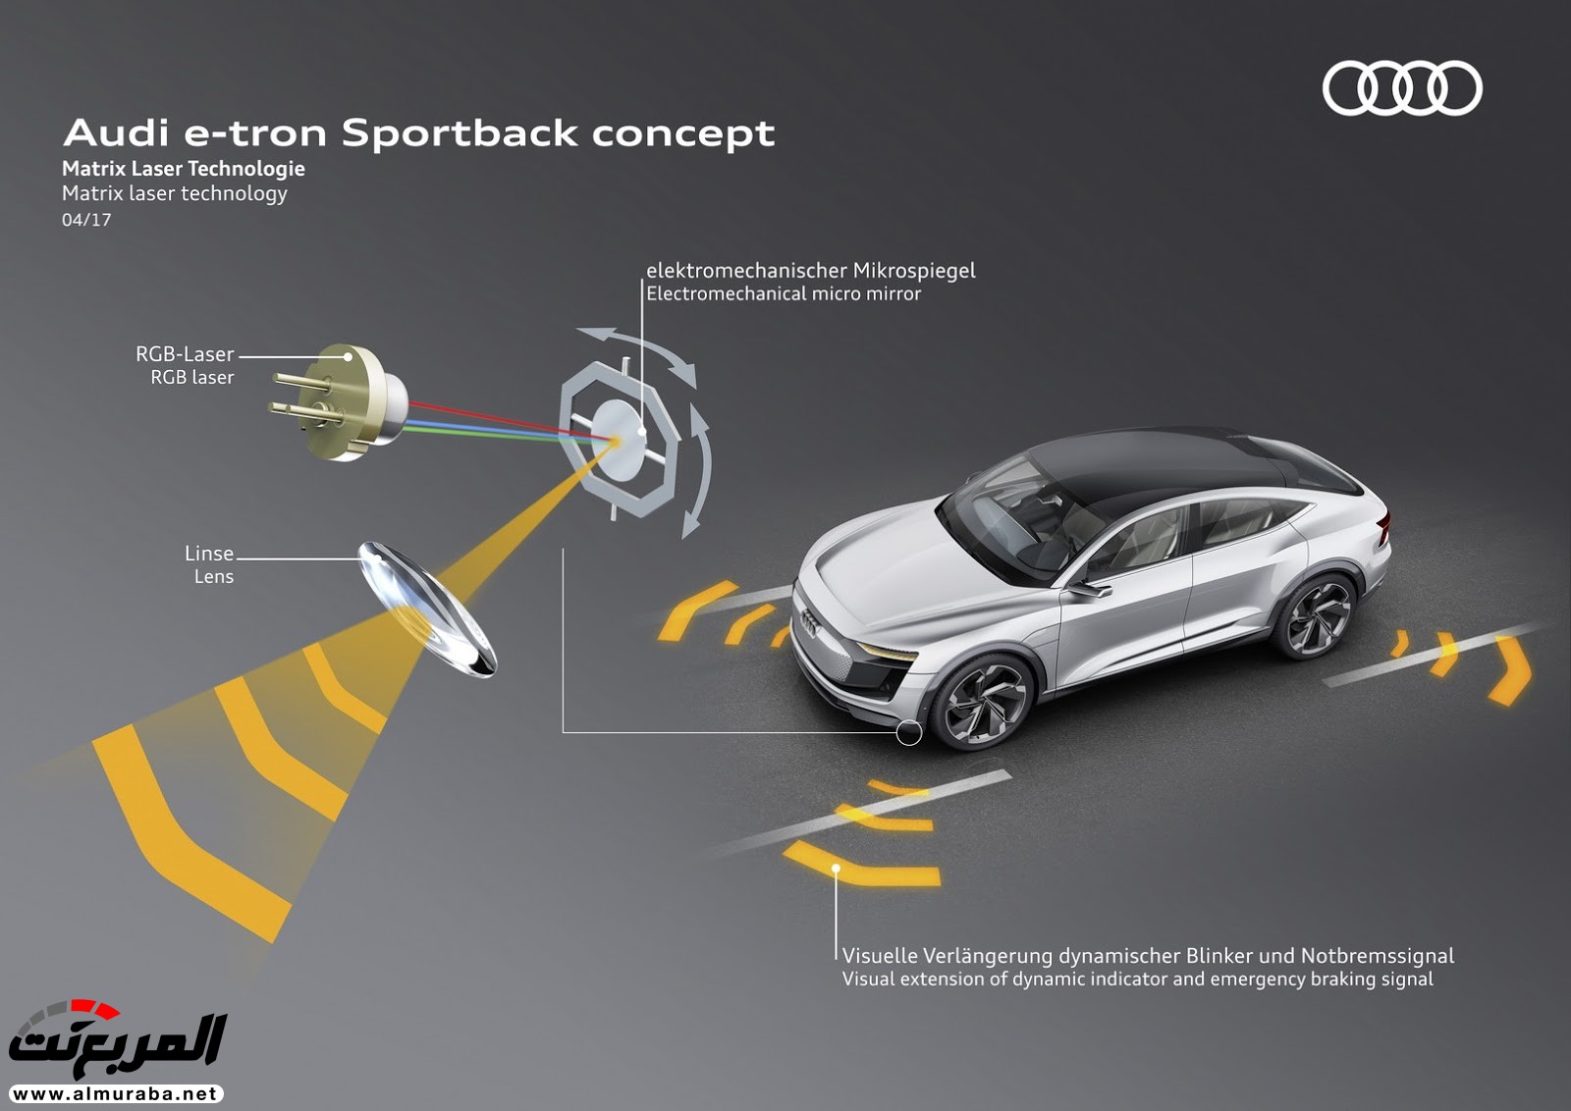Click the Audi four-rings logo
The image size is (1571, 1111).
point(1403,87)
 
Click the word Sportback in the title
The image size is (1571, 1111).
point(460,133)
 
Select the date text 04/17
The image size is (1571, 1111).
point(86,220)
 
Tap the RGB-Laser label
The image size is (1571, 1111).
point(185,354)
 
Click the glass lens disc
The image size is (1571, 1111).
point(427,608)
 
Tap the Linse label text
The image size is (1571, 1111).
point(209,554)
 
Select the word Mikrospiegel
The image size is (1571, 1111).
point(914,271)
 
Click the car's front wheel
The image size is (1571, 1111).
point(981,701)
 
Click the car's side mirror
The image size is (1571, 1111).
point(1086,589)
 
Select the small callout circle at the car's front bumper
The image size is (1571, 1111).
point(909,732)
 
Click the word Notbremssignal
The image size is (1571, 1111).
point(1378,955)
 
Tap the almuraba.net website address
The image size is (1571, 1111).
point(116,1093)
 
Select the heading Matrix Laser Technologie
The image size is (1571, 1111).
point(184,169)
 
